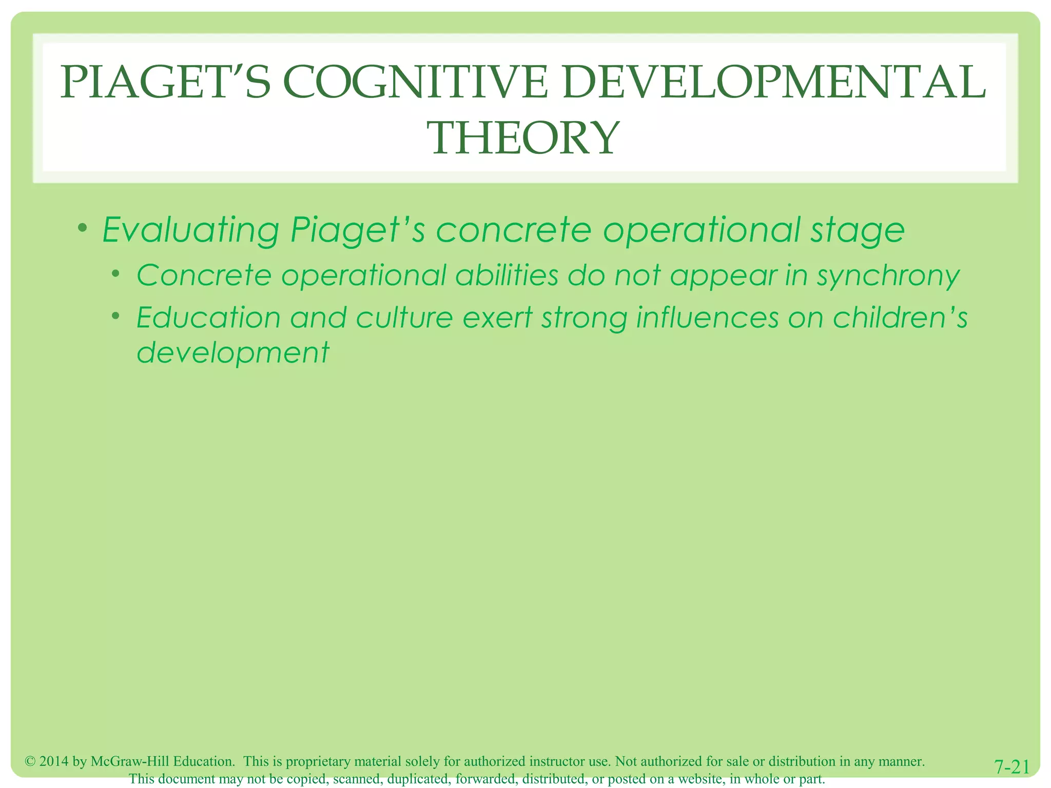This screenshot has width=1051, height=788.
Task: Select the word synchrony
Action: [x=888, y=275]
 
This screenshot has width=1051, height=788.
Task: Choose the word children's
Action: [x=900, y=318]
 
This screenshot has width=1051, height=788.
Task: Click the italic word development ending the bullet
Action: [x=233, y=353]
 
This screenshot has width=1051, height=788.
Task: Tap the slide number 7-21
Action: [x=1012, y=767]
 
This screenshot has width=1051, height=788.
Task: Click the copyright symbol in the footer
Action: [x=30, y=761]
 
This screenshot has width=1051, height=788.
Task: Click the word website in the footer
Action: [x=700, y=779]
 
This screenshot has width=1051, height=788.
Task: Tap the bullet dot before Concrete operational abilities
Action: [x=116, y=273]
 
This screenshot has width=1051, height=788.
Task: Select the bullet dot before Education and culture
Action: [x=116, y=316]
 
